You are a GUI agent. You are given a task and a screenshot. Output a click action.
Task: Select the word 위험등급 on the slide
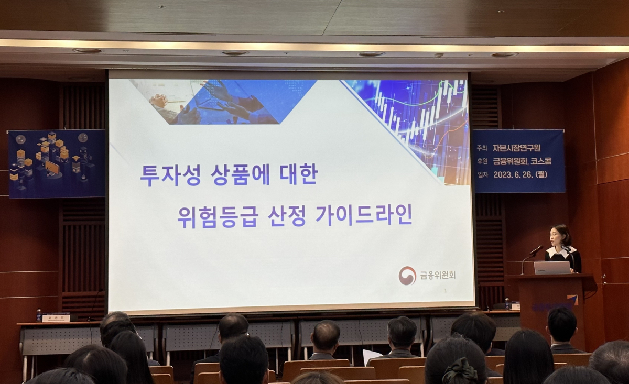218,215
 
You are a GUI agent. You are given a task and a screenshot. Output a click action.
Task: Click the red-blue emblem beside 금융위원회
407,276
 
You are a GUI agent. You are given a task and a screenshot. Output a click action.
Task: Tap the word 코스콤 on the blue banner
540,161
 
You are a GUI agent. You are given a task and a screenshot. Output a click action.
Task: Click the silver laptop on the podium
552,268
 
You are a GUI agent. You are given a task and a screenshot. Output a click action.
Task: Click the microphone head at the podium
537,250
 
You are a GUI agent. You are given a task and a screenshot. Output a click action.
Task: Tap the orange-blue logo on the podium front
572,300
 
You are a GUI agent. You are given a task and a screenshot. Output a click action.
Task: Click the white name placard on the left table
56,317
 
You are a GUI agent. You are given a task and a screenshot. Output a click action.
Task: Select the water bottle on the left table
39,315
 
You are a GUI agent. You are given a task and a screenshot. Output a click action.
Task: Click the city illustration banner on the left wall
56,163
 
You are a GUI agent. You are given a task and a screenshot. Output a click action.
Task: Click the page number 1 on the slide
445,291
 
